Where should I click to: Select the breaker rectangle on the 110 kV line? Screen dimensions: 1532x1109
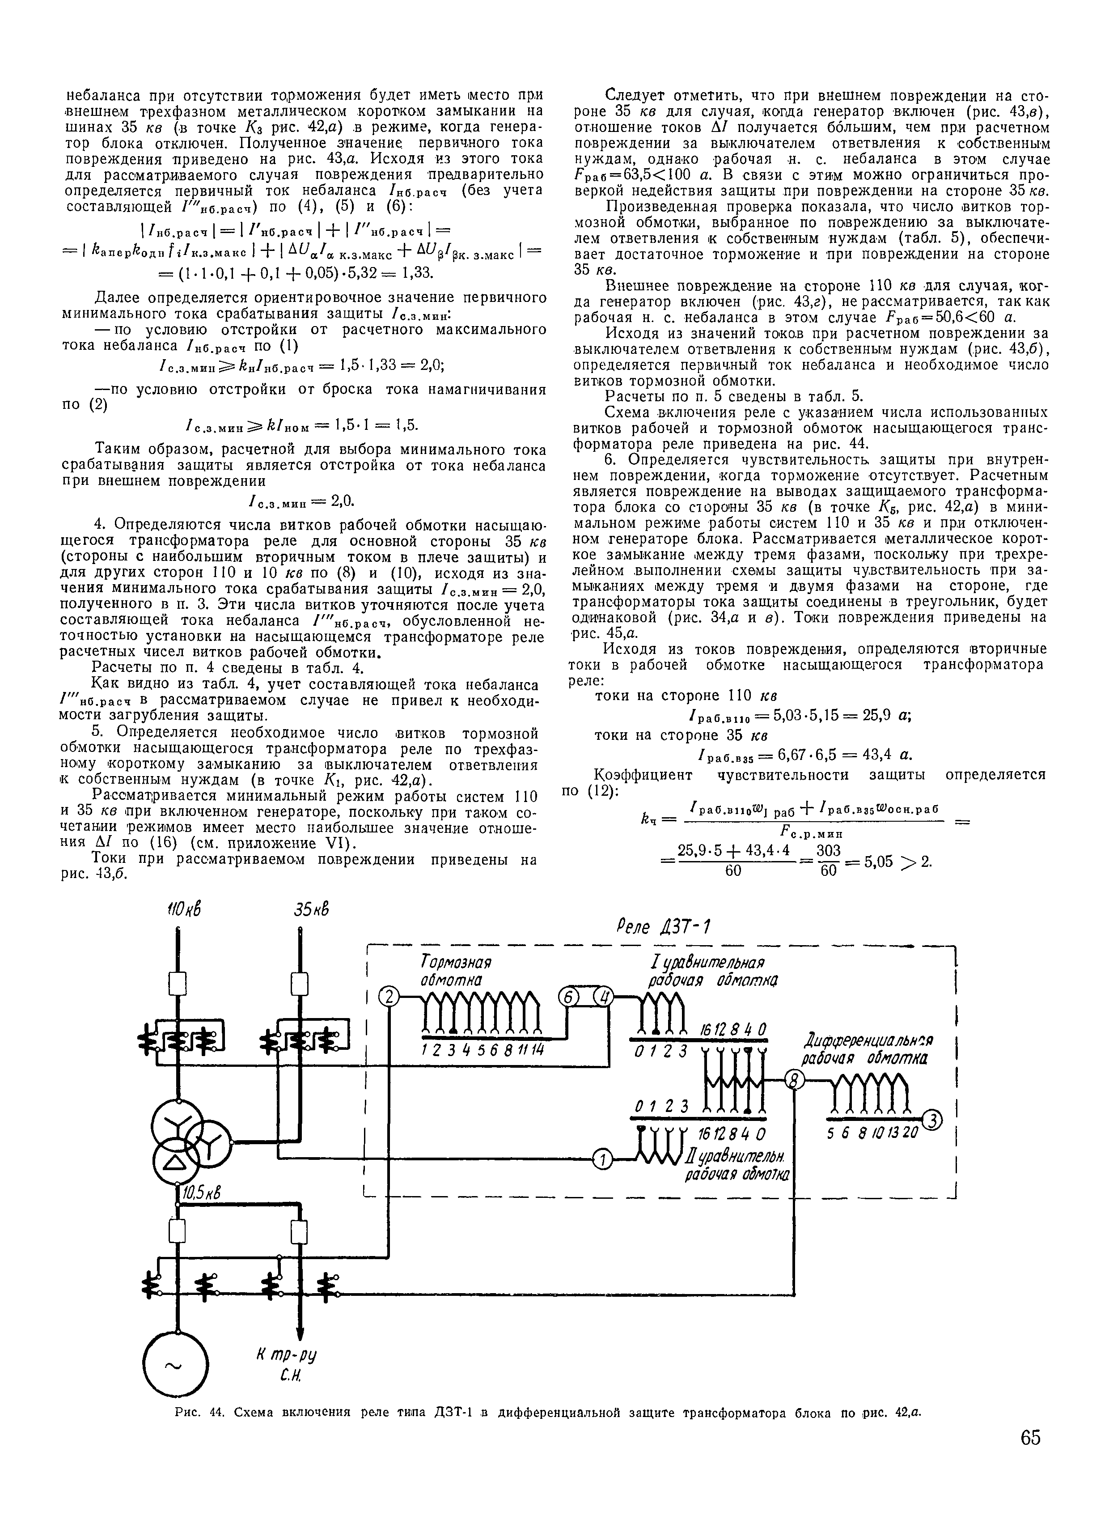tap(177, 983)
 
